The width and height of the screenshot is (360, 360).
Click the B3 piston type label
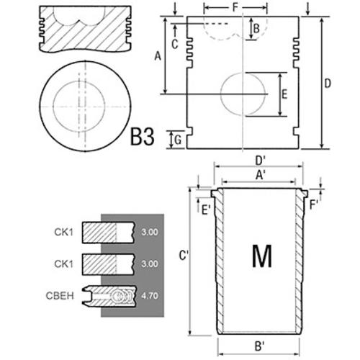[142, 137]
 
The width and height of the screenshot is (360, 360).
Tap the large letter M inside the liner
[262, 256]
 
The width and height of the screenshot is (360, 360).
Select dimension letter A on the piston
[158, 57]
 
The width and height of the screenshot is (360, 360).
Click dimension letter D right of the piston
[328, 84]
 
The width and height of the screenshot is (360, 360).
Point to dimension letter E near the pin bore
[284, 94]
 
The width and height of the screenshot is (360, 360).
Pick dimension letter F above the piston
[235, 7]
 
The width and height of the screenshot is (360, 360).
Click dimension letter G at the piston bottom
[178, 140]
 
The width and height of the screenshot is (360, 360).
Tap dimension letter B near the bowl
[256, 29]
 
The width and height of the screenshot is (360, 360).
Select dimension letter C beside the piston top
[175, 44]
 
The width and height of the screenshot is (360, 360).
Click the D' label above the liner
[260, 161]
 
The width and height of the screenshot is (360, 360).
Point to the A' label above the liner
[260, 175]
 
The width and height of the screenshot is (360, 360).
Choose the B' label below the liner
[259, 346]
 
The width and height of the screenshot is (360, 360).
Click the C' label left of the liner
[184, 256]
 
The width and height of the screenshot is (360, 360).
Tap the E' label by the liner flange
[206, 210]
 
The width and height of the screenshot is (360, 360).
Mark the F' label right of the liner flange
[313, 205]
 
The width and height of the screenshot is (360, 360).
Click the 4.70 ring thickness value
[150, 296]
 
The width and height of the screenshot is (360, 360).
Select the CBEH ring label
[60, 296]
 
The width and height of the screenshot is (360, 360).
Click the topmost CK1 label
[63, 232]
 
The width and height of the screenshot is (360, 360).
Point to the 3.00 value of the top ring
[150, 232]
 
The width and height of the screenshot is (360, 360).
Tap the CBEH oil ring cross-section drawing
[109, 296]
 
